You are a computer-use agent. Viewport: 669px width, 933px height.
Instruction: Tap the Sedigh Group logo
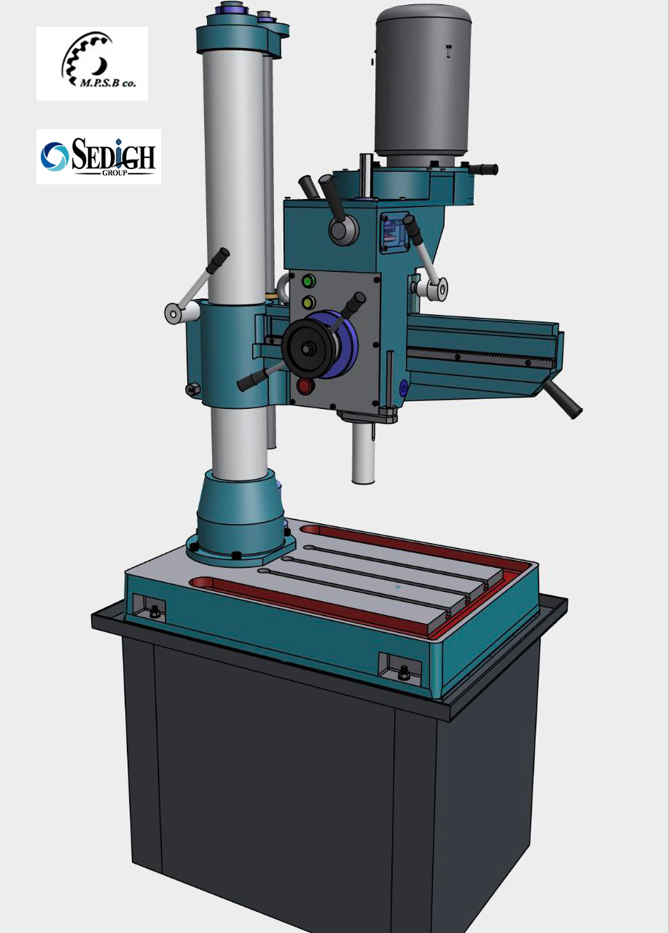click(98, 157)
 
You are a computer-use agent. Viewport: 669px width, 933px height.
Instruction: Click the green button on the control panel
click(308, 281)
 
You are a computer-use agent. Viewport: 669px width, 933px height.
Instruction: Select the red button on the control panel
click(305, 386)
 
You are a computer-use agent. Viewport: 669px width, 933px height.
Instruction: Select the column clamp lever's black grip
click(218, 260)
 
